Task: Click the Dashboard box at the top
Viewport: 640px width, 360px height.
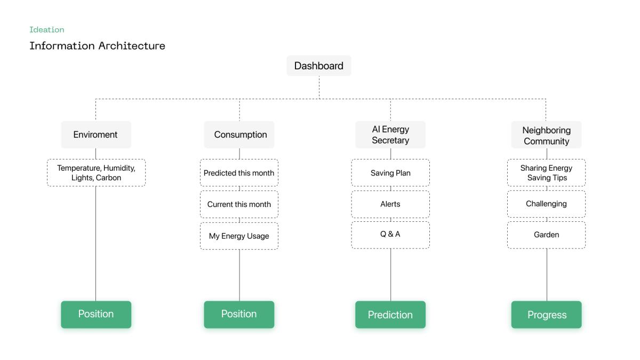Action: [319, 66]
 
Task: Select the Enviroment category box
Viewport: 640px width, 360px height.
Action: [96, 134]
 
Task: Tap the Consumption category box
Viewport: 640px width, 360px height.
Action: [239, 134]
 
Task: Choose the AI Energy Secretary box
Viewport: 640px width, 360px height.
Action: [390, 134]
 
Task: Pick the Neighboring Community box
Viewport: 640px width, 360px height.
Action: [546, 134]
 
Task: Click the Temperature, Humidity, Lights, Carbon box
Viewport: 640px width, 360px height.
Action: [96, 173]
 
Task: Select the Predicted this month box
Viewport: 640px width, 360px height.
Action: [239, 173]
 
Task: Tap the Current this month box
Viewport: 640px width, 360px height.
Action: [239, 204]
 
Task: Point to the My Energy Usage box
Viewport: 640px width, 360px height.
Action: [239, 236]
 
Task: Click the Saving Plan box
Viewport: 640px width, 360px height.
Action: [390, 173]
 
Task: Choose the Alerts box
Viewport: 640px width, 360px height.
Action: [390, 204]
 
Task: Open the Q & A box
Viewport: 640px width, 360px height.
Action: [390, 235]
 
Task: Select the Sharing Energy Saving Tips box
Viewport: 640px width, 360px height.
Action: [546, 173]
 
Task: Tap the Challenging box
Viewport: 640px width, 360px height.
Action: [546, 204]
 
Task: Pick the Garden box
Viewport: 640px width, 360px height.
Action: [546, 235]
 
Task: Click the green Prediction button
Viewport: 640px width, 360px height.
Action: [390, 315]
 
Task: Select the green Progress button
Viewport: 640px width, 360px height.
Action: [546, 315]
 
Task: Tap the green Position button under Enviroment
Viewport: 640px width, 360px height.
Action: [96, 315]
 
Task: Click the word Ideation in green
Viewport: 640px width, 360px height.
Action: [47, 30]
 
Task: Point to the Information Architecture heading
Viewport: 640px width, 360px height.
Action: [98, 46]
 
